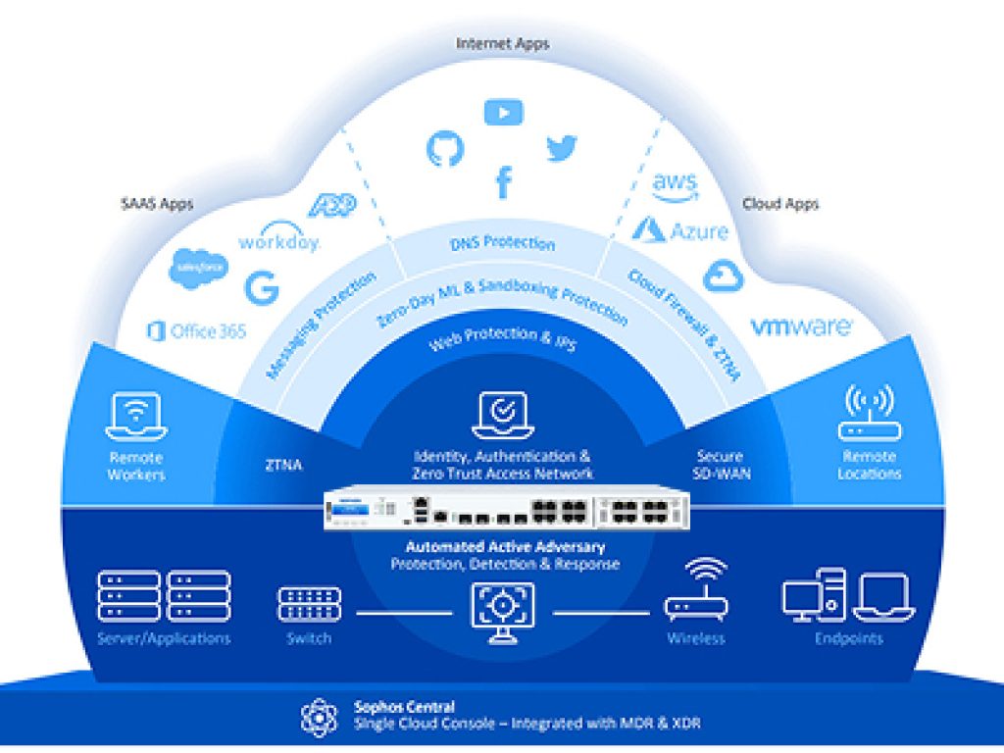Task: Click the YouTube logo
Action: coord(503,113)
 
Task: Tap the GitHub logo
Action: coord(444,148)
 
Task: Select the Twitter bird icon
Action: coord(562,148)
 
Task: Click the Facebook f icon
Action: coord(503,181)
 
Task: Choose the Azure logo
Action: coord(680,231)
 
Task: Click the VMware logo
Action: coord(801,326)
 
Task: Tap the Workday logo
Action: coord(279,238)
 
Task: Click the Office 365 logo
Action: coord(196,331)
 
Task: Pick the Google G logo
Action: coord(262,288)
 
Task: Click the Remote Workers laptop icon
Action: coord(136,417)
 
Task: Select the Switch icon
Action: coord(309,604)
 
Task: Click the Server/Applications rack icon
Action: coord(164,595)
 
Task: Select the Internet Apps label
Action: coord(502,43)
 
